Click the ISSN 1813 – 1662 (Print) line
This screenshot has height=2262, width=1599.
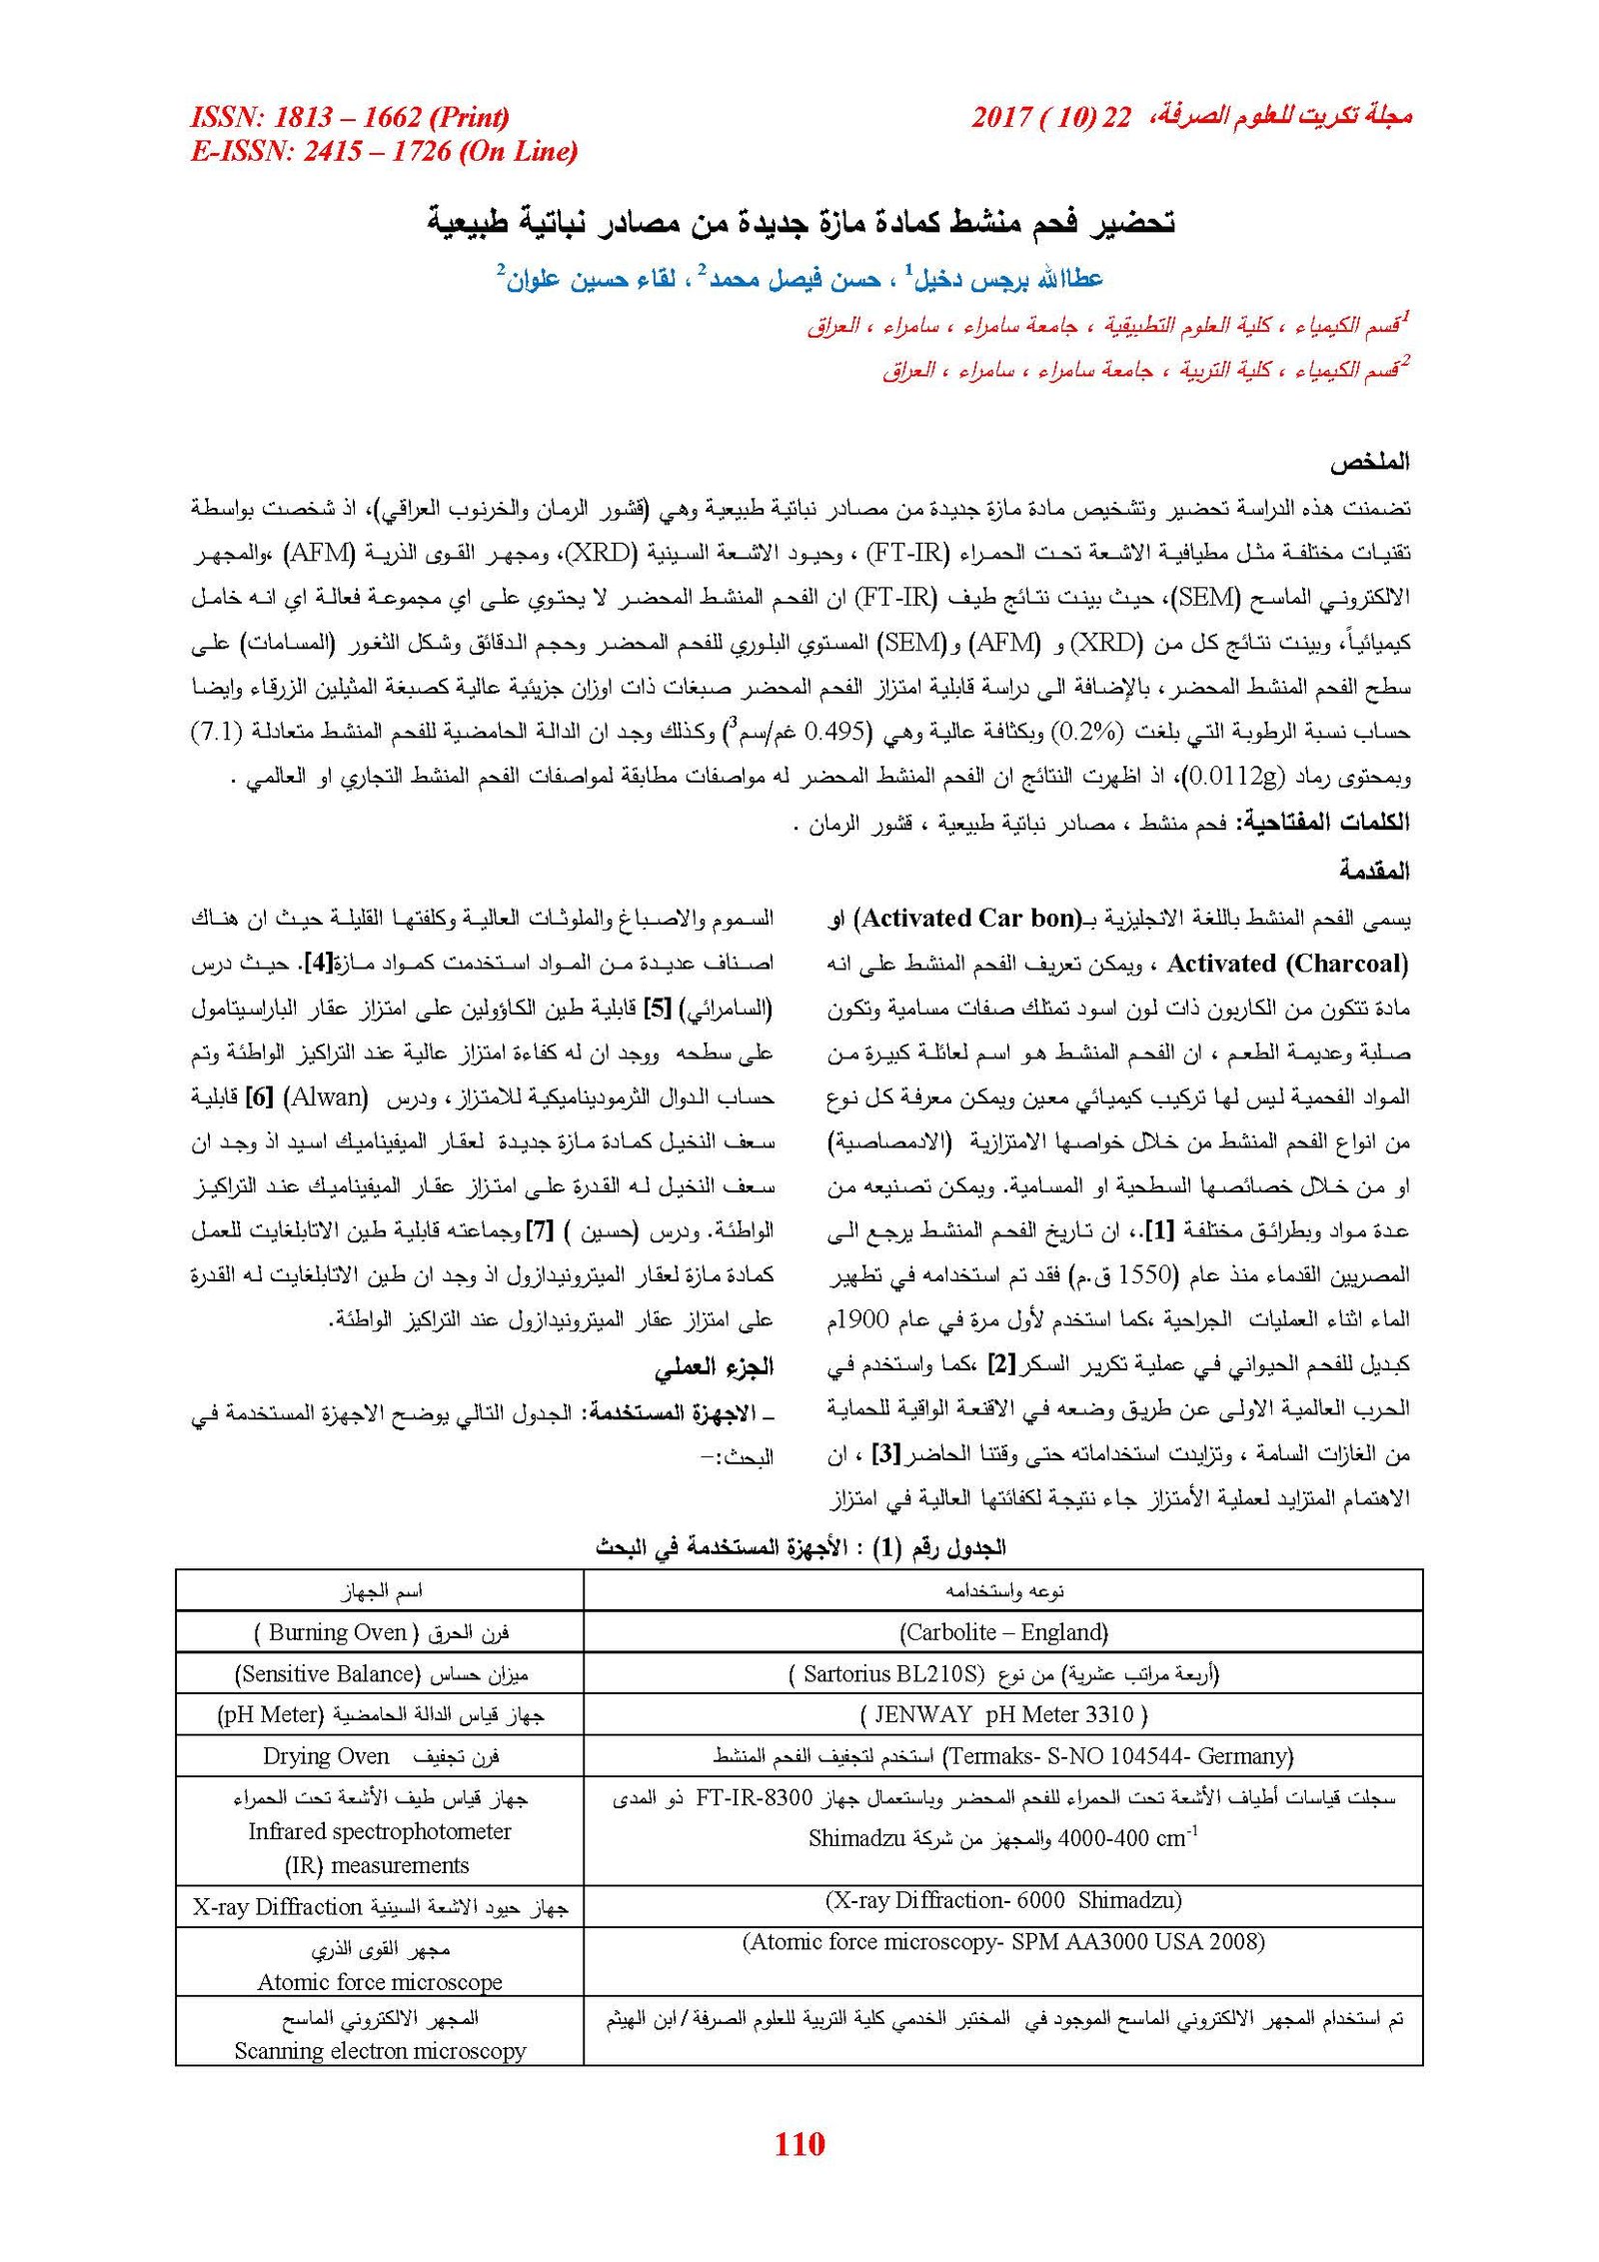point(350,118)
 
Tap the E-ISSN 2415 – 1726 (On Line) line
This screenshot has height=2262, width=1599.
point(384,152)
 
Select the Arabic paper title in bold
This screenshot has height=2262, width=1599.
point(800,222)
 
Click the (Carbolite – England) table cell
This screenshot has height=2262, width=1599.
point(1002,1632)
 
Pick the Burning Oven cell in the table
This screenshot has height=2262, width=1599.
point(380,1632)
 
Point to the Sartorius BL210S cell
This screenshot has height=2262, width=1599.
point(1002,1673)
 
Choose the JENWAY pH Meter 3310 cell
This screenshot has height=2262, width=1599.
point(1002,1714)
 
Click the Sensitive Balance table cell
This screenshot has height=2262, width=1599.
point(380,1673)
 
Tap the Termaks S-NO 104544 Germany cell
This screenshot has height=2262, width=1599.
point(1002,1755)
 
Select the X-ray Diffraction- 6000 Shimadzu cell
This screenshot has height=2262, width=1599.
point(1002,1900)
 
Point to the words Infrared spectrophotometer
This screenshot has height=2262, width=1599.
point(380,1831)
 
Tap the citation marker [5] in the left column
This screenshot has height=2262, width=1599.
point(658,1009)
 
